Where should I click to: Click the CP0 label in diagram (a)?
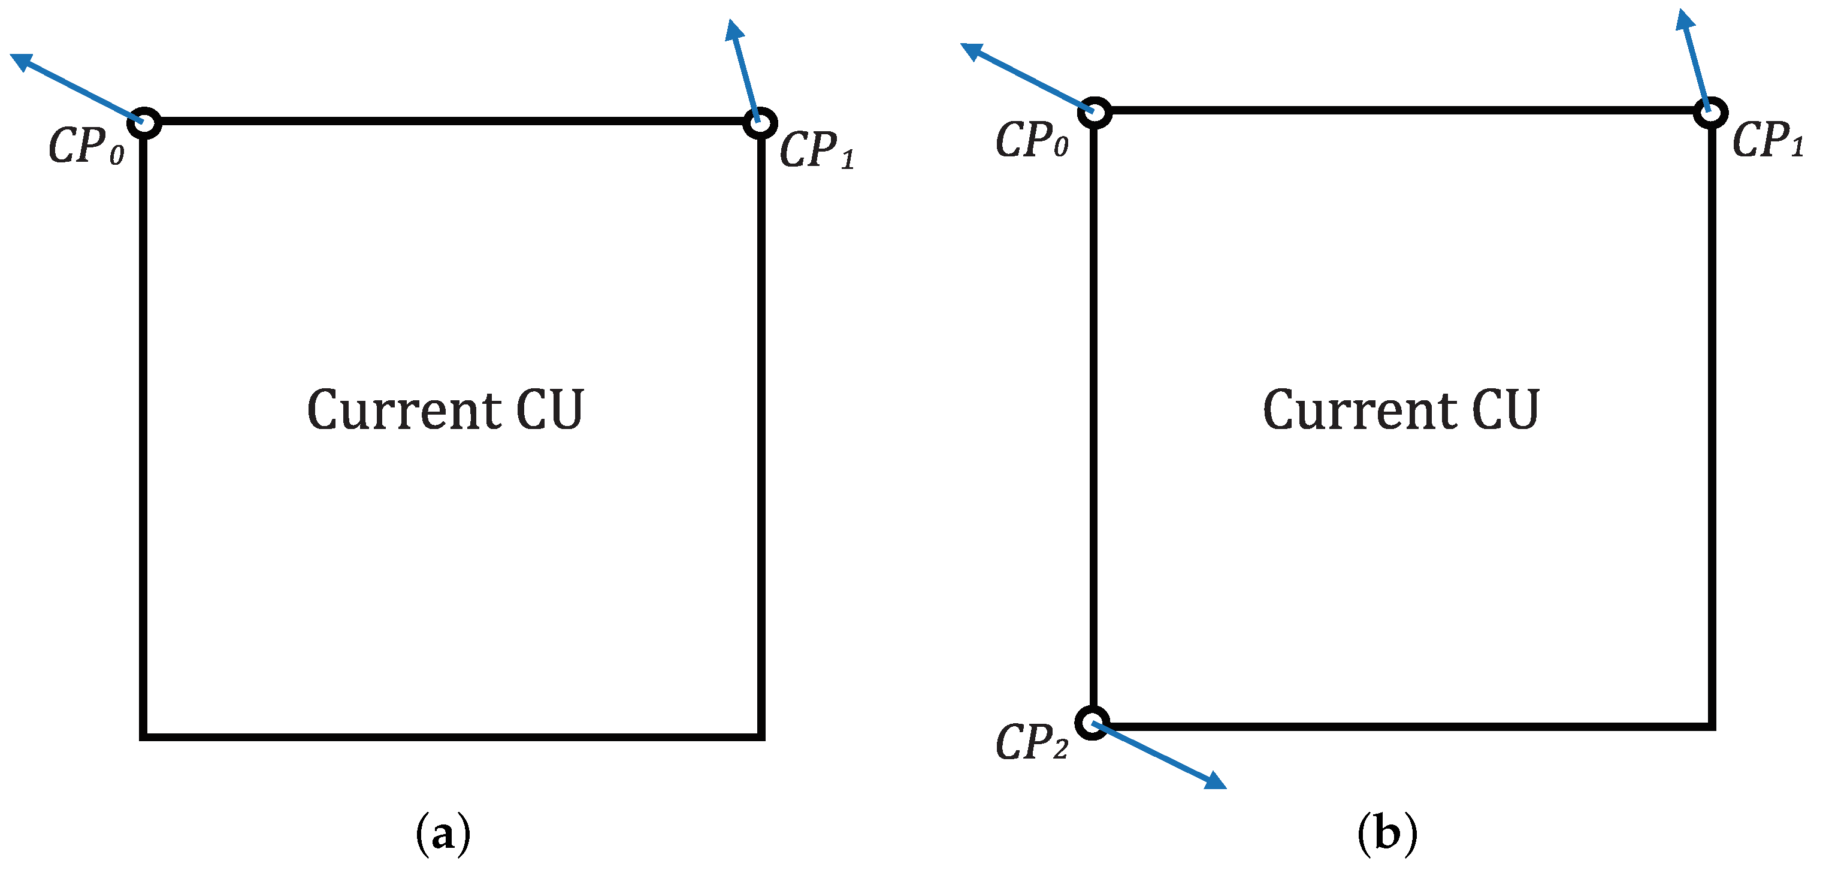tap(86, 147)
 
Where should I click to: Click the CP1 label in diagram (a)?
tap(817, 150)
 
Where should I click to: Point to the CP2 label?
tap(1032, 742)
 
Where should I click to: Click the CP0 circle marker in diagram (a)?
tap(144, 123)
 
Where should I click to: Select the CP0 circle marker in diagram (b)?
tap(1095, 112)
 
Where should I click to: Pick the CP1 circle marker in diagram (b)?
tap(1710, 113)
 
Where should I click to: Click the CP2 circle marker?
tap(1092, 723)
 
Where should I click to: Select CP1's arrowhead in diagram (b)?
tap(1684, 20)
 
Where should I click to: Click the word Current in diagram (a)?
tap(404, 410)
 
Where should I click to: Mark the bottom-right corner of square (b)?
tap(1712, 726)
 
